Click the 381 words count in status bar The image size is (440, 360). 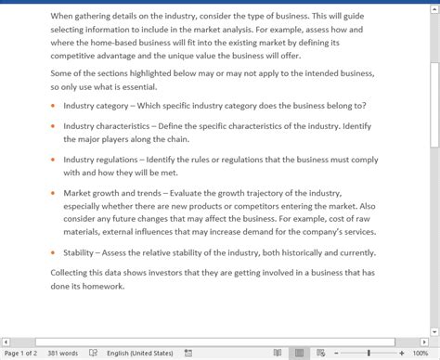pyautogui.click(x=62, y=353)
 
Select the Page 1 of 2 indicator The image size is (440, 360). pyautogui.click(x=20, y=353)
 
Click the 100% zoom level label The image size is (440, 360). pyautogui.click(x=421, y=353)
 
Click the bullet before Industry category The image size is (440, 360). pyautogui.click(x=52, y=106)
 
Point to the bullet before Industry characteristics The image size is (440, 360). pyautogui.click(x=52, y=124)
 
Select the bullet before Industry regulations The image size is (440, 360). pyautogui.click(x=52, y=160)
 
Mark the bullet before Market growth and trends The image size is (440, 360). pyautogui.click(x=52, y=194)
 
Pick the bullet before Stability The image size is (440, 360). pyautogui.click(x=52, y=252)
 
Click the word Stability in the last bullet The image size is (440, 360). pyautogui.click(x=80, y=252)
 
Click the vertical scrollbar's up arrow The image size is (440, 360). pyautogui.click(x=434, y=6)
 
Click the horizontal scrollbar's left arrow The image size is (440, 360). pyautogui.click(x=6, y=341)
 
